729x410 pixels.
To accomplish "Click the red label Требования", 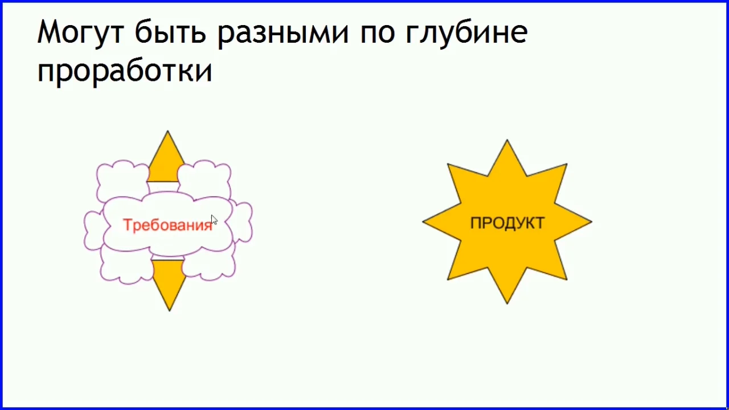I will click(167, 225).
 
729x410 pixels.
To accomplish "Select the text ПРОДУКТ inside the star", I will click(507, 223).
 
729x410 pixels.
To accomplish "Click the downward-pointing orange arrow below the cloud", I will click(169, 282).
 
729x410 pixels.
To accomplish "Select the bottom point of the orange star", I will click(507, 300).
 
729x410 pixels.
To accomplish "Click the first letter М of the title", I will click(48, 33).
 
